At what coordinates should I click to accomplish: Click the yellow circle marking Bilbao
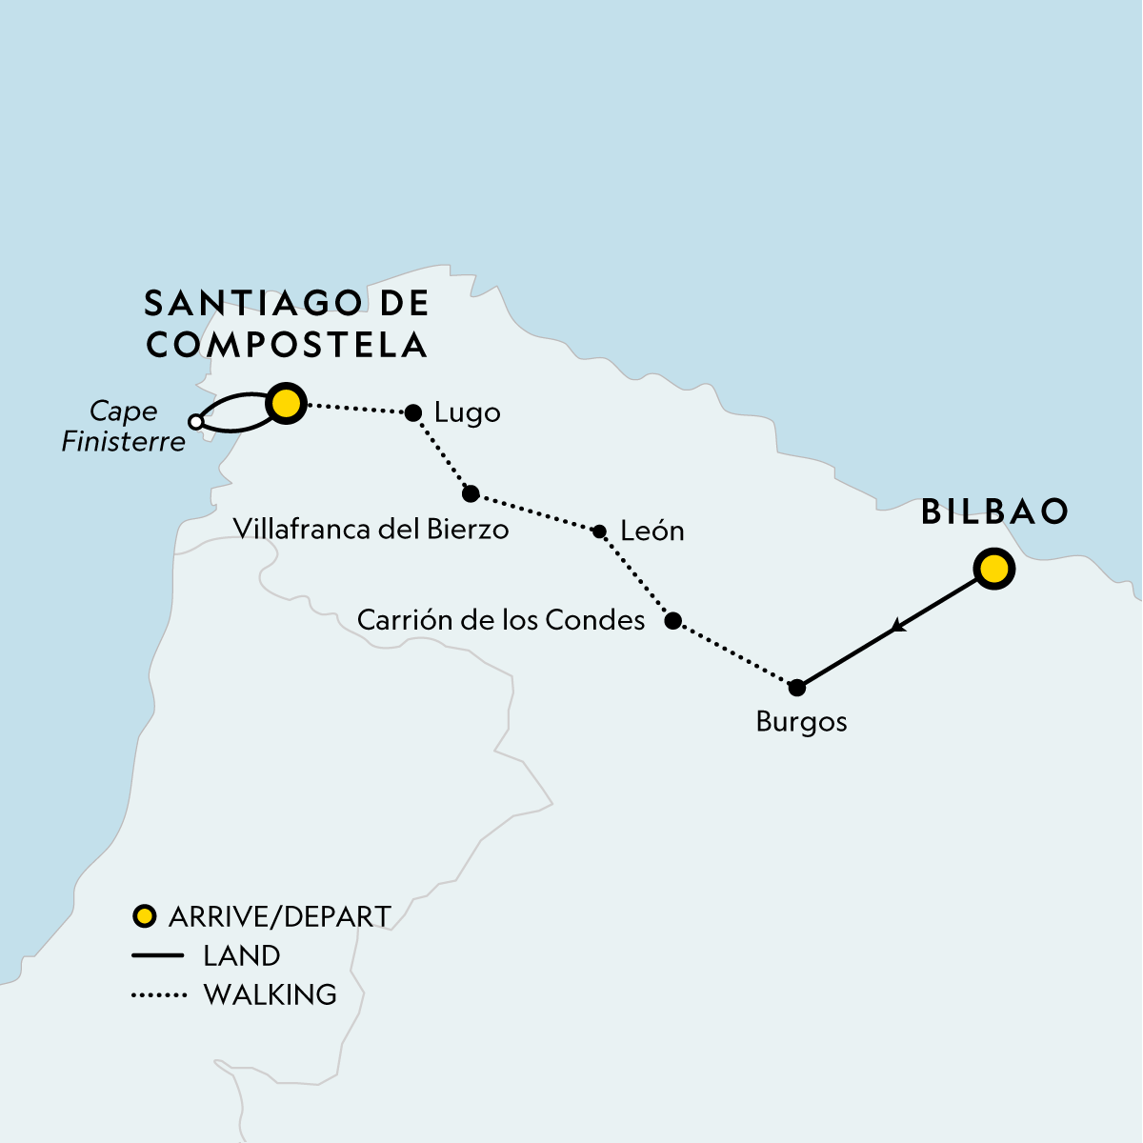pyautogui.click(x=993, y=570)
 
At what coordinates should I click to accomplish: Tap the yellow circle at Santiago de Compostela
pyautogui.click(x=285, y=405)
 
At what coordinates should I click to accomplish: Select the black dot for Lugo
pyautogui.click(x=413, y=412)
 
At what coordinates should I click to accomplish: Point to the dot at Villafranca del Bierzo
pyautogui.click(x=471, y=493)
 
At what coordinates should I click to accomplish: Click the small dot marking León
pyautogui.click(x=599, y=531)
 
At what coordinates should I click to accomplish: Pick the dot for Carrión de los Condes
pyautogui.click(x=672, y=621)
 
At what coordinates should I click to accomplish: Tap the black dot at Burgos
pyautogui.click(x=798, y=687)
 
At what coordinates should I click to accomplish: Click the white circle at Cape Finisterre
pyautogui.click(x=195, y=422)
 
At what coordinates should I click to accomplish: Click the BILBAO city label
pyautogui.click(x=995, y=511)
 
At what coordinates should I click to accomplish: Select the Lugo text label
pyautogui.click(x=467, y=412)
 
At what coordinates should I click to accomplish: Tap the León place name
pyautogui.click(x=652, y=531)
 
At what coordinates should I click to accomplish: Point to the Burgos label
pyautogui.click(x=801, y=721)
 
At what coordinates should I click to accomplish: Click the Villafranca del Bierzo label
pyautogui.click(x=371, y=529)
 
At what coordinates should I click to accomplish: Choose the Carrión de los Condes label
pyautogui.click(x=501, y=620)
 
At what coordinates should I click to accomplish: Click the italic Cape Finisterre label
pyautogui.click(x=123, y=426)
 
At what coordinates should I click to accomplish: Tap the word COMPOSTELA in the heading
pyautogui.click(x=287, y=345)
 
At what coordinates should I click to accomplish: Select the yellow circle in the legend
pyautogui.click(x=144, y=916)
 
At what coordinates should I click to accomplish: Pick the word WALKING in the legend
pyautogui.click(x=271, y=994)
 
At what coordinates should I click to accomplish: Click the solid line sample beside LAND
pyautogui.click(x=157, y=955)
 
